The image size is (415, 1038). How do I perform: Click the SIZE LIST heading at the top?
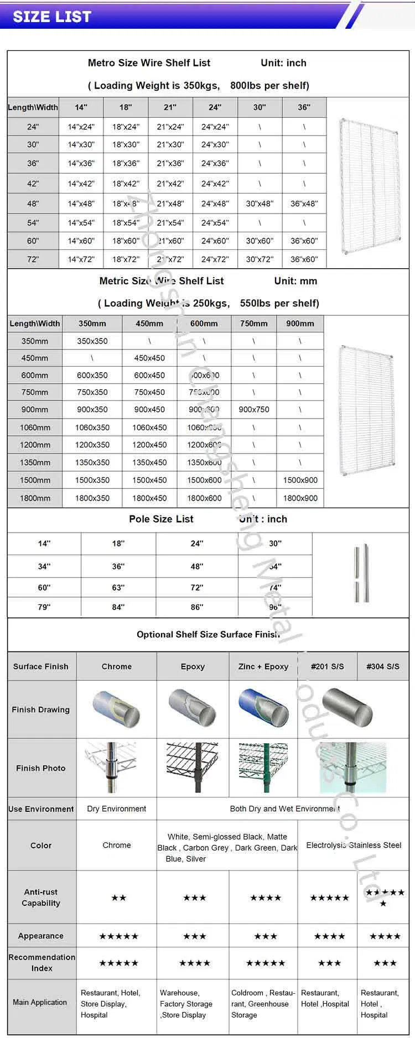(52, 17)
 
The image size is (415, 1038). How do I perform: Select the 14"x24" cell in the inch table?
(81, 127)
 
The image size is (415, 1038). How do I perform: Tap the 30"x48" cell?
(260, 204)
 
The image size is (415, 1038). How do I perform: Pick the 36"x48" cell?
(304, 204)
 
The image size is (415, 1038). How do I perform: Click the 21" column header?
(170, 107)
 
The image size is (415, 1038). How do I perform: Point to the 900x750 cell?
(254, 410)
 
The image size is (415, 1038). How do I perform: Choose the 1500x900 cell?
(300, 480)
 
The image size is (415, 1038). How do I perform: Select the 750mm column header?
(254, 324)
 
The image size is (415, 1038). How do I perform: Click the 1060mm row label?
(35, 427)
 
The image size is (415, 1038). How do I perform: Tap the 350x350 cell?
(92, 341)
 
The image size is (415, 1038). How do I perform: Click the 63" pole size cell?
(118, 587)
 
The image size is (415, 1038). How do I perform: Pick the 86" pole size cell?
(197, 607)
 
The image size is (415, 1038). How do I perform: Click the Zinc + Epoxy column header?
(263, 666)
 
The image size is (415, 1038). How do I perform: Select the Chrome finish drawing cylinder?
(117, 708)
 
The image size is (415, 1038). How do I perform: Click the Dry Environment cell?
(117, 809)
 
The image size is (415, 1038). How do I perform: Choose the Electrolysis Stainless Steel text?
(354, 845)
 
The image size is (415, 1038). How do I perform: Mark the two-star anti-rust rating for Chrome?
(119, 898)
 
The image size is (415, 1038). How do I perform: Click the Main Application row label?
(40, 1002)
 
